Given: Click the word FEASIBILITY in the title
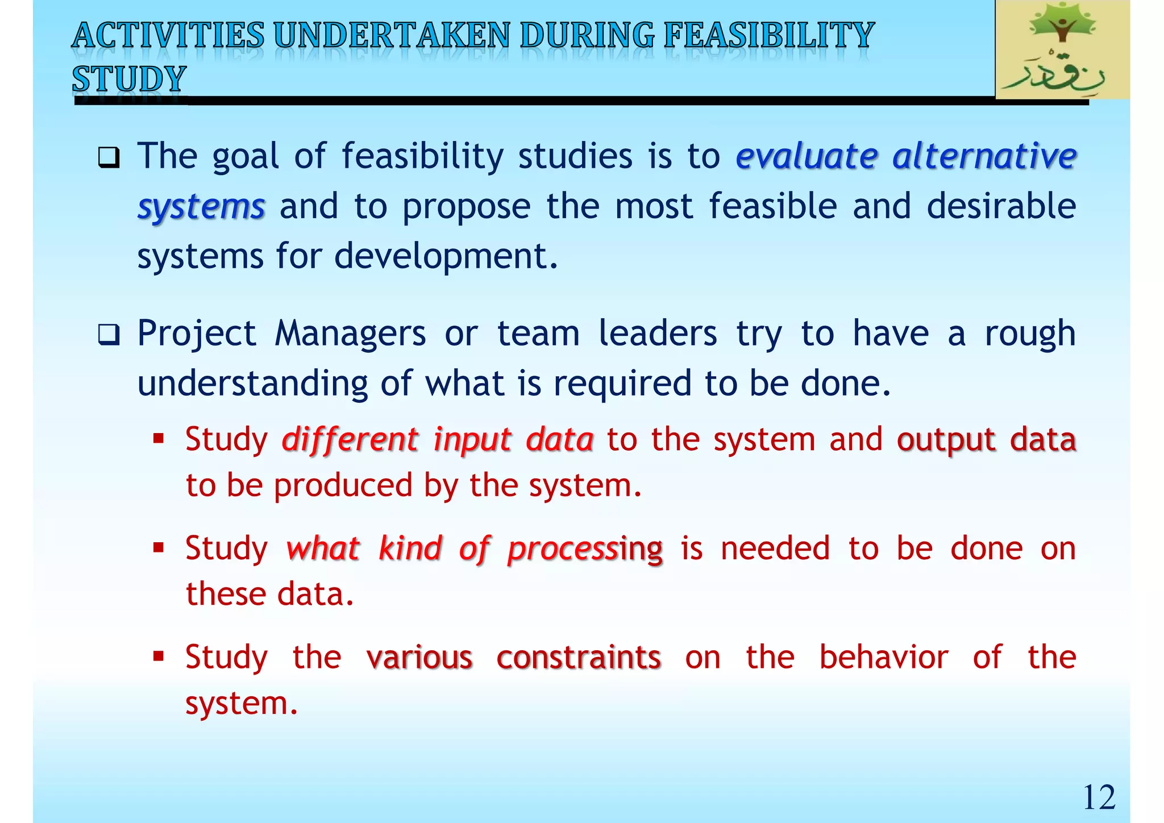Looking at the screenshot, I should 768,35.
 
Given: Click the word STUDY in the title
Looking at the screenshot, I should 130,79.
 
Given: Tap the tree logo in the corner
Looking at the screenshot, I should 1062,50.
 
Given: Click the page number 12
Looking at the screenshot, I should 1099,797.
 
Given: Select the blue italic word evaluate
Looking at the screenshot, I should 807,156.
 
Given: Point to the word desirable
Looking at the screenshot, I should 1001,206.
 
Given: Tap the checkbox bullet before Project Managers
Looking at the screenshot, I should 109,335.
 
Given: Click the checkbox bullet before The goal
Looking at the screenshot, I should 109,157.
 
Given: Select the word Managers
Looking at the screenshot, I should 350,334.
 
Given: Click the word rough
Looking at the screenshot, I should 1030,334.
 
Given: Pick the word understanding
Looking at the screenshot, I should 252,384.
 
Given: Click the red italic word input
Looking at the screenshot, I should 472,440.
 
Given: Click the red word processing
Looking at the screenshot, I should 585,550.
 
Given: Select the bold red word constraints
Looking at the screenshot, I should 578,658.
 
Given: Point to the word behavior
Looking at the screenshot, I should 883,658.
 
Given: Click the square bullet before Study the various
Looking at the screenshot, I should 159,657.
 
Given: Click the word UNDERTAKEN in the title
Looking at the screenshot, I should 392,35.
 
